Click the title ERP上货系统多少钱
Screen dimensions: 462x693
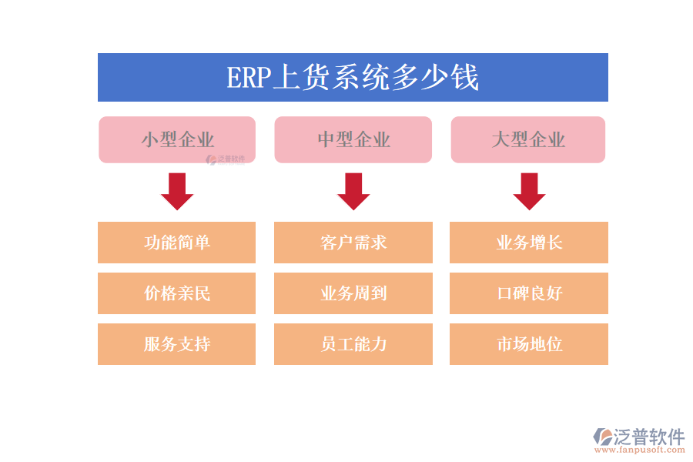click(x=353, y=78)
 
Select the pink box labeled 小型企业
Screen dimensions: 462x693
click(x=177, y=139)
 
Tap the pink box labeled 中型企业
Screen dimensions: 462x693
click(x=353, y=139)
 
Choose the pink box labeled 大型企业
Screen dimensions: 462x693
click(x=528, y=139)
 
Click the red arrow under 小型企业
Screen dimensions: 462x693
click(x=177, y=192)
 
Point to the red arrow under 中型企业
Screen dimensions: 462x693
click(x=353, y=192)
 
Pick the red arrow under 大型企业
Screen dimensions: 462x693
click(x=529, y=192)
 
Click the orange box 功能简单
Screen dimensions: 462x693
click(x=177, y=243)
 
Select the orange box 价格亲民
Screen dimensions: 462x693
click(x=177, y=293)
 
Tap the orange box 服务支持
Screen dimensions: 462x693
click(x=177, y=344)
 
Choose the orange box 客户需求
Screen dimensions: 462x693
click(x=353, y=243)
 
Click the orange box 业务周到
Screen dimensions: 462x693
click(x=353, y=293)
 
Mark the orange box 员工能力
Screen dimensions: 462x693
click(x=353, y=344)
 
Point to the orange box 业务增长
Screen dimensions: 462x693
click(x=529, y=243)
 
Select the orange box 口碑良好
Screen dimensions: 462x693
click(x=529, y=293)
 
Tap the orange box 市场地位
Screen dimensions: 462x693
click(x=529, y=344)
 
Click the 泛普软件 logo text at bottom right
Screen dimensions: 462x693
click(x=648, y=437)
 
